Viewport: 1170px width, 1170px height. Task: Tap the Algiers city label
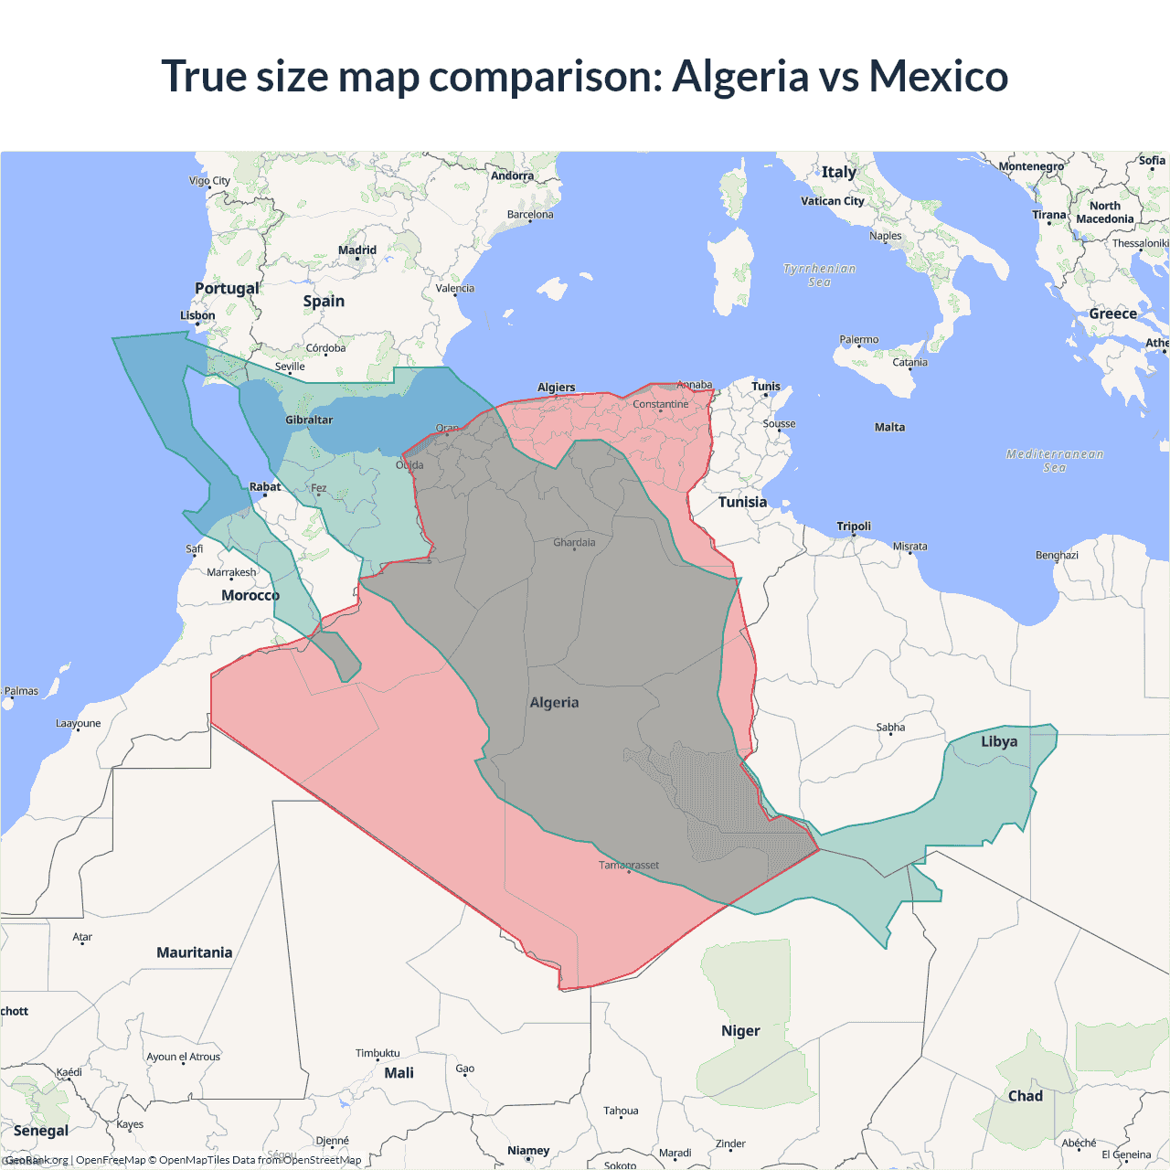click(556, 388)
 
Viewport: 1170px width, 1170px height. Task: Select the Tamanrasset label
click(628, 865)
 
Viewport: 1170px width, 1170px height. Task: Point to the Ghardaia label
click(574, 542)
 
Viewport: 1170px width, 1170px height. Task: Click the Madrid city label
click(357, 250)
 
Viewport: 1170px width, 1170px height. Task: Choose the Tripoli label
click(854, 526)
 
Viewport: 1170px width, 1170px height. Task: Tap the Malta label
click(889, 427)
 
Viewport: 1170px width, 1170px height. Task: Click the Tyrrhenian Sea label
click(819, 275)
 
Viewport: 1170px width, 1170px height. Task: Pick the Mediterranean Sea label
click(1055, 461)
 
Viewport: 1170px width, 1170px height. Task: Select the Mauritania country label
click(194, 952)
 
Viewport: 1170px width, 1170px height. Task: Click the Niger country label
click(740, 1031)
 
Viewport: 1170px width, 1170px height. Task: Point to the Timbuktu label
click(378, 1053)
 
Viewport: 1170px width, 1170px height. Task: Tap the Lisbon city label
click(197, 315)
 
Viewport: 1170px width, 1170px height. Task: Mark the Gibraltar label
click(309, 420)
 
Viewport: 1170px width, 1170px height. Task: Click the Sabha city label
click(890, 728)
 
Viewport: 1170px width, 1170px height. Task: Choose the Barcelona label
click(530, 215)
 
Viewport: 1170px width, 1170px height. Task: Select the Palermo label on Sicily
click(859, 340)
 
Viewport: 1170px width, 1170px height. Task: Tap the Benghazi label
click(1057, 555)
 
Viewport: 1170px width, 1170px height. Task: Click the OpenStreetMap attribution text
click(322, 1160)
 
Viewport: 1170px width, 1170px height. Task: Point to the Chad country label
click(1025, 1096)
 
